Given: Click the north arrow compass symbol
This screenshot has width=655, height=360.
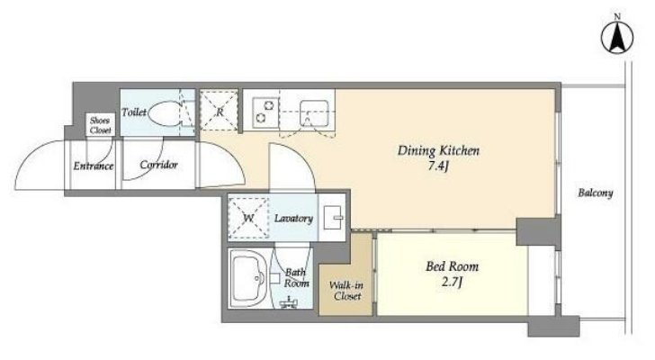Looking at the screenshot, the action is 617,37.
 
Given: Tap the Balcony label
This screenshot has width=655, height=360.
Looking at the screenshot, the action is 596,193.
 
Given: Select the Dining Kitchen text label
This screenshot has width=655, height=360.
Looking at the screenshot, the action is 438,151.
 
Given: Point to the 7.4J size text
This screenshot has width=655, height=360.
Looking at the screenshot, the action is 438,166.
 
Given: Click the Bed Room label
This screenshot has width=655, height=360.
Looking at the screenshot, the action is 452,266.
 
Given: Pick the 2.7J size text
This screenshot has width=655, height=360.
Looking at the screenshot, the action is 452,283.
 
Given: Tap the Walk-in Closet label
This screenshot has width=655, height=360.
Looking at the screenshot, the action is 346,291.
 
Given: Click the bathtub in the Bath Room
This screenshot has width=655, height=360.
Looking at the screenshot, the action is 248,278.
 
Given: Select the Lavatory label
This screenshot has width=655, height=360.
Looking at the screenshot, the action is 293,219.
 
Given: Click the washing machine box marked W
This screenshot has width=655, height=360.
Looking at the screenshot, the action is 248,219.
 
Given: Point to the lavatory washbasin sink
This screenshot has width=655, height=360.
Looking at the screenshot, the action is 333,217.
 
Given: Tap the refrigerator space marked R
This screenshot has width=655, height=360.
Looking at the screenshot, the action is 219,111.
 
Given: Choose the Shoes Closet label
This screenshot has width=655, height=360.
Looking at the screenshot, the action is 100,125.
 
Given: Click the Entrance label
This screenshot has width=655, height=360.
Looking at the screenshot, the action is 94,166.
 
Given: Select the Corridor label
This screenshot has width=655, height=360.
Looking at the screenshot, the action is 158,165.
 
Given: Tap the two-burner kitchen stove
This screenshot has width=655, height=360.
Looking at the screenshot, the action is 265,112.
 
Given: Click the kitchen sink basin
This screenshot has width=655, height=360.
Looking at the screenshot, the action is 314,112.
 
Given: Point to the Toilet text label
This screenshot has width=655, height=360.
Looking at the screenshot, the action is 134,112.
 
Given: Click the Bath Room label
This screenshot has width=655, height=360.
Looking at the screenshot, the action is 296,278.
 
